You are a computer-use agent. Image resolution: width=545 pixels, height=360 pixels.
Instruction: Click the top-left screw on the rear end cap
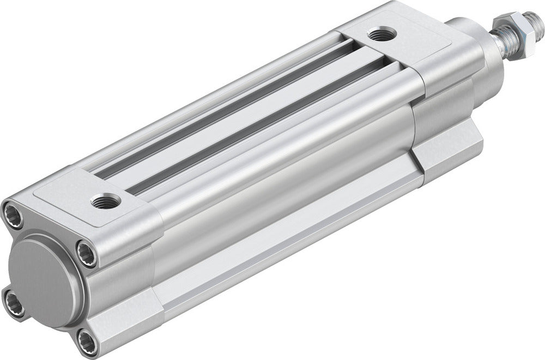click(14, 215)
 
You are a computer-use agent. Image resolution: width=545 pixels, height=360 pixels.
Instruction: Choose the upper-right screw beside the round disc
click(87, 253)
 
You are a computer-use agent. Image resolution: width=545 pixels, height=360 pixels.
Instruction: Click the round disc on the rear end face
click(44, 280)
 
